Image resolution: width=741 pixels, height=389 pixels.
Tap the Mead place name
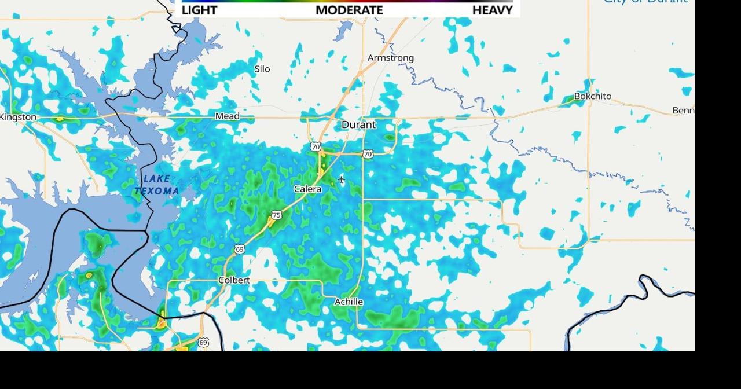[227, 116]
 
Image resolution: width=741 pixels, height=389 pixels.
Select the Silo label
[262, 69]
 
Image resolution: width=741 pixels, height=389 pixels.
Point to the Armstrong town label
[391, 58]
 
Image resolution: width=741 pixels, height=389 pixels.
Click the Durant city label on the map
[358, 124]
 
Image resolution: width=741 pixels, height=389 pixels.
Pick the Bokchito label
[592, 96]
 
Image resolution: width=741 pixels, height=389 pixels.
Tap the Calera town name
[307, 189]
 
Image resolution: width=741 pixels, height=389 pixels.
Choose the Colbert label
[234, 280]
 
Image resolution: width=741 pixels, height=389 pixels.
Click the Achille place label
[349, 302]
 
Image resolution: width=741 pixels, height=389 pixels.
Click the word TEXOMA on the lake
[157, 191]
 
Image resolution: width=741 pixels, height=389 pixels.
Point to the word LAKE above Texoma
[156, 179]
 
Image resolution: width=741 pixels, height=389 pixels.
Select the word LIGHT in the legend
[199, 10]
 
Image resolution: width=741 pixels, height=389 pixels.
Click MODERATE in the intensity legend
[349, 10]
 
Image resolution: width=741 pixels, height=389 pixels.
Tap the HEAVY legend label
[492, 10]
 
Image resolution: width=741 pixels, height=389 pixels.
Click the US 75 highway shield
[277, 215]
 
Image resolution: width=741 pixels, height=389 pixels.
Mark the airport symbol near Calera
[342, 179]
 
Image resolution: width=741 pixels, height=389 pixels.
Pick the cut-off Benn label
[683, 111]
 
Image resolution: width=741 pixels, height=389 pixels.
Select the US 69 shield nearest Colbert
[240, 249]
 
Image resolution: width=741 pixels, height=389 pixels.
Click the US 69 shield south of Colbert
[203, 343]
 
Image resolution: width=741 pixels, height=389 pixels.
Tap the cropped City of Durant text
[645, 2]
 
